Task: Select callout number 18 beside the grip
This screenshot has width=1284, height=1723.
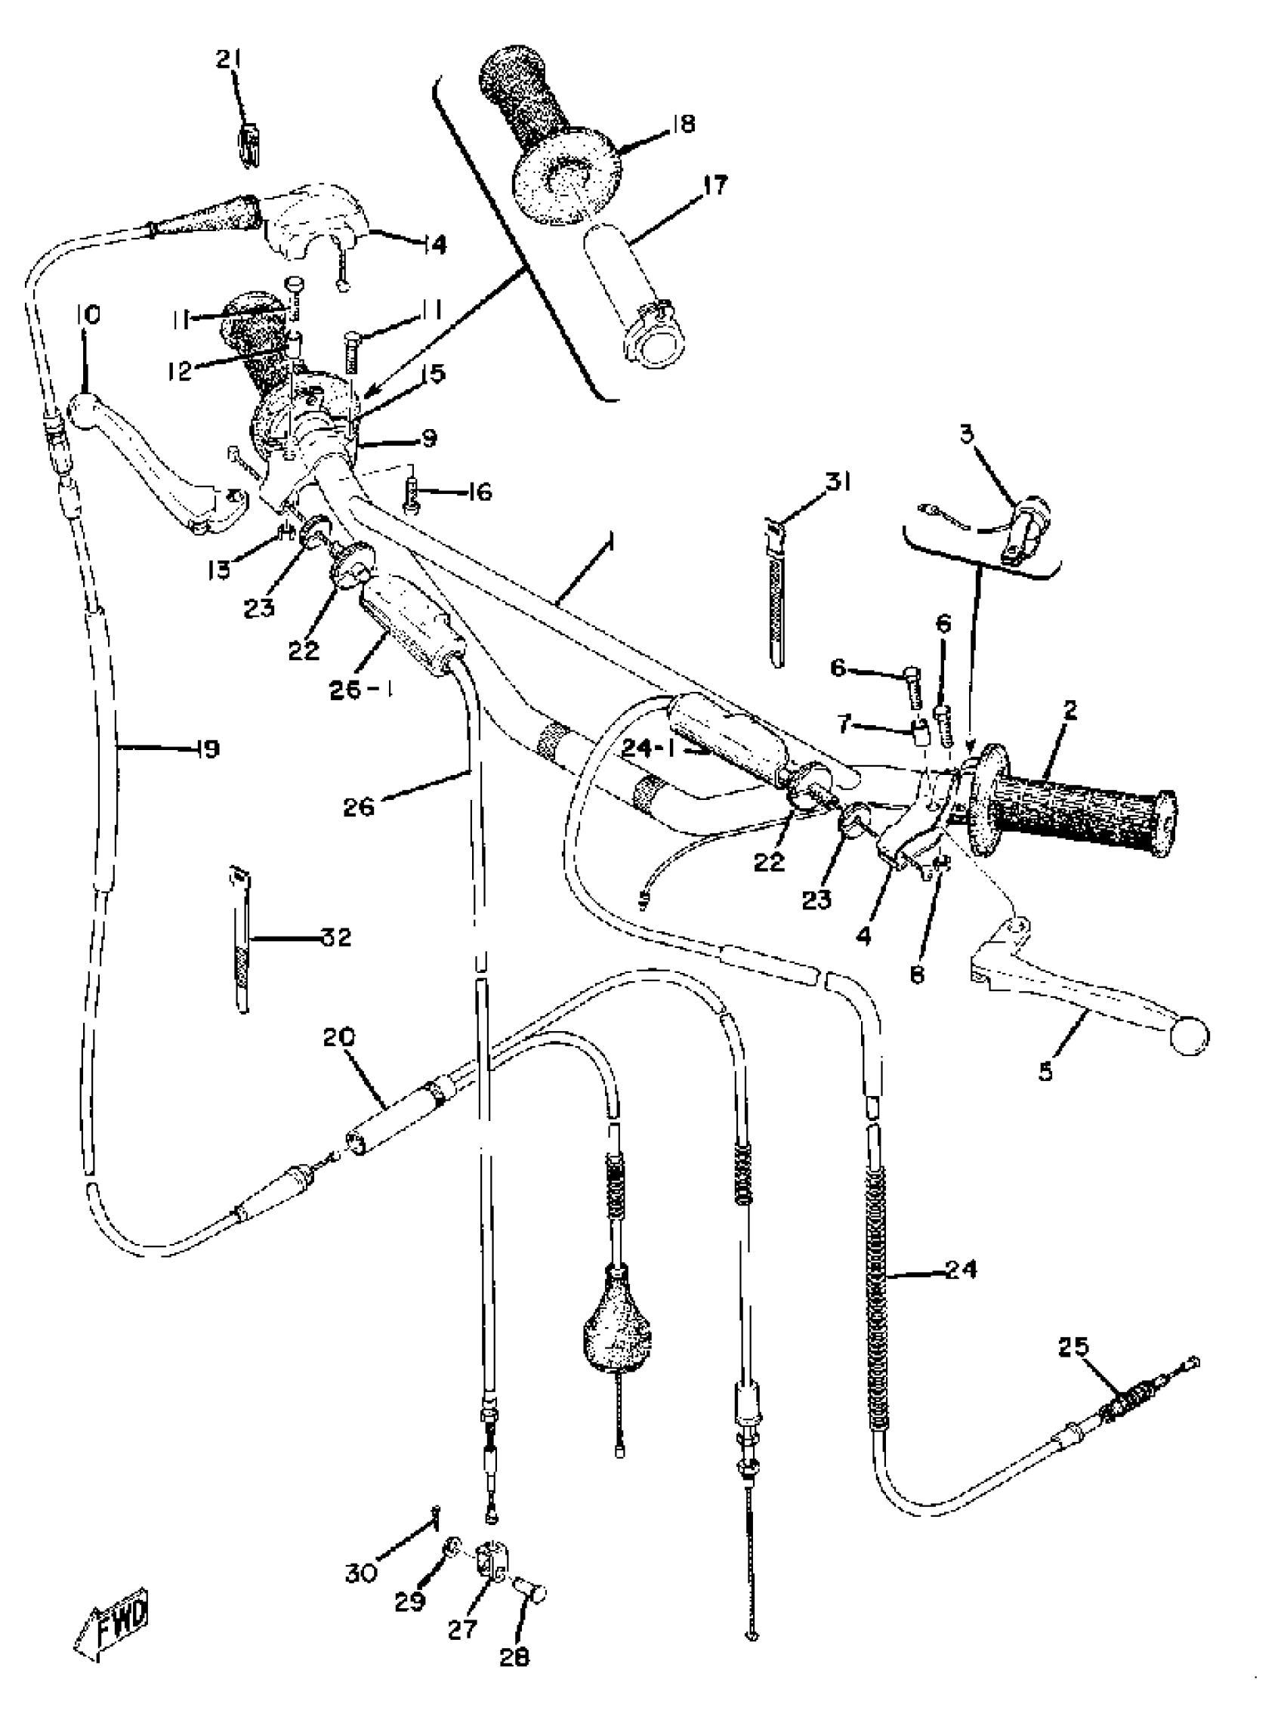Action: click(684, 124)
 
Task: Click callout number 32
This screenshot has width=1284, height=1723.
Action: click(337, 937)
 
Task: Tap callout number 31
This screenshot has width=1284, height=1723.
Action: click(838, 483)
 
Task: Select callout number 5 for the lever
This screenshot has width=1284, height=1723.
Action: click(1045, 1073)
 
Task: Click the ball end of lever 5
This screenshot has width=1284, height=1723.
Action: click(1189, 1037)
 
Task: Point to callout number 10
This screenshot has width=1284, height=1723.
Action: click(88, 315)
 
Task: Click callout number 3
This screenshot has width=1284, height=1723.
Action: click(966, 434)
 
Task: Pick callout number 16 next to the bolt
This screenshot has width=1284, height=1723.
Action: click(480, 492)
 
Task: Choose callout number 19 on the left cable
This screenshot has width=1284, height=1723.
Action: click(208, 749)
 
